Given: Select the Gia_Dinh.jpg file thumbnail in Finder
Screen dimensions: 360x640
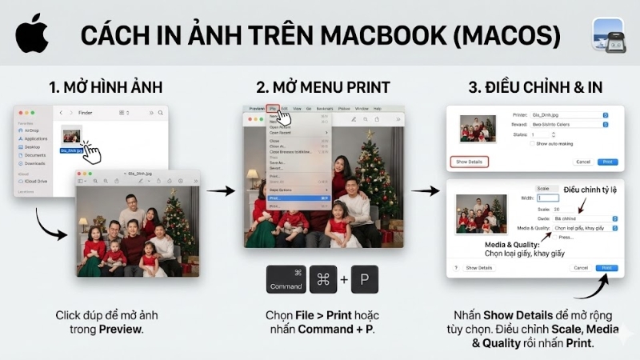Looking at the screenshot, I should click(x=72, y=135).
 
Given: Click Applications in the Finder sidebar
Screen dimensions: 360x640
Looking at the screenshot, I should click(x=35, y=138).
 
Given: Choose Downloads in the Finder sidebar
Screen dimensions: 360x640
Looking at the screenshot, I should click(x=34, y=162).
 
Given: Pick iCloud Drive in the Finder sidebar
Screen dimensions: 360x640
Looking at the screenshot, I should click(x=36, y=181).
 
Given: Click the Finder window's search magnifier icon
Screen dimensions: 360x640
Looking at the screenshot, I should click(x=161, y=113).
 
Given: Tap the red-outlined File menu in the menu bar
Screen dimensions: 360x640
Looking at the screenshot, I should click(x=273, y=108).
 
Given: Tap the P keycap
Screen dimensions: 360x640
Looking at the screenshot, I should click(x=364, y=279).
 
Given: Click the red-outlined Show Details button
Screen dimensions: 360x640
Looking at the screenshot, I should click(x=469, y=162).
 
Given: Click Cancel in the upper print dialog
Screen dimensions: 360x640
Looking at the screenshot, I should click(x=582, y=162).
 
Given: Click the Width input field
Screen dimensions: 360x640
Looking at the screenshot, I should click(x=549, y=197).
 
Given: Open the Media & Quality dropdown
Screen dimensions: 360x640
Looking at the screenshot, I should click(x=582, y=228).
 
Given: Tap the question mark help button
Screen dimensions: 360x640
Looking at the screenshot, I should click(x=455, y=268).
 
